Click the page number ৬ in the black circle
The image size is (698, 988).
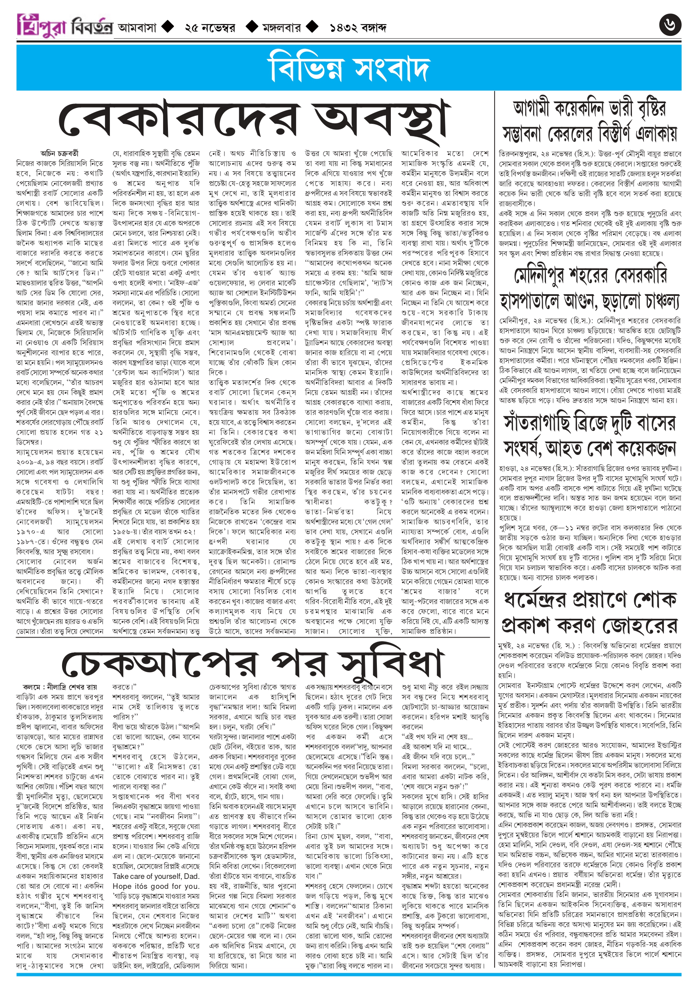[x=670, y=25]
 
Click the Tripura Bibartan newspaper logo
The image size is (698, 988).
[x=64, y=26]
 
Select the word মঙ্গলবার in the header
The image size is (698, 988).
[x=281, y=28]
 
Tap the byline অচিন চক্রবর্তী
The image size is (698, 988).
[x=59, y=153]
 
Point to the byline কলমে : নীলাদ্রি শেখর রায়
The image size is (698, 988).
[x=60, y=687]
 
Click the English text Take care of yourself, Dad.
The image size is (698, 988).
[x=156, y=876]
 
